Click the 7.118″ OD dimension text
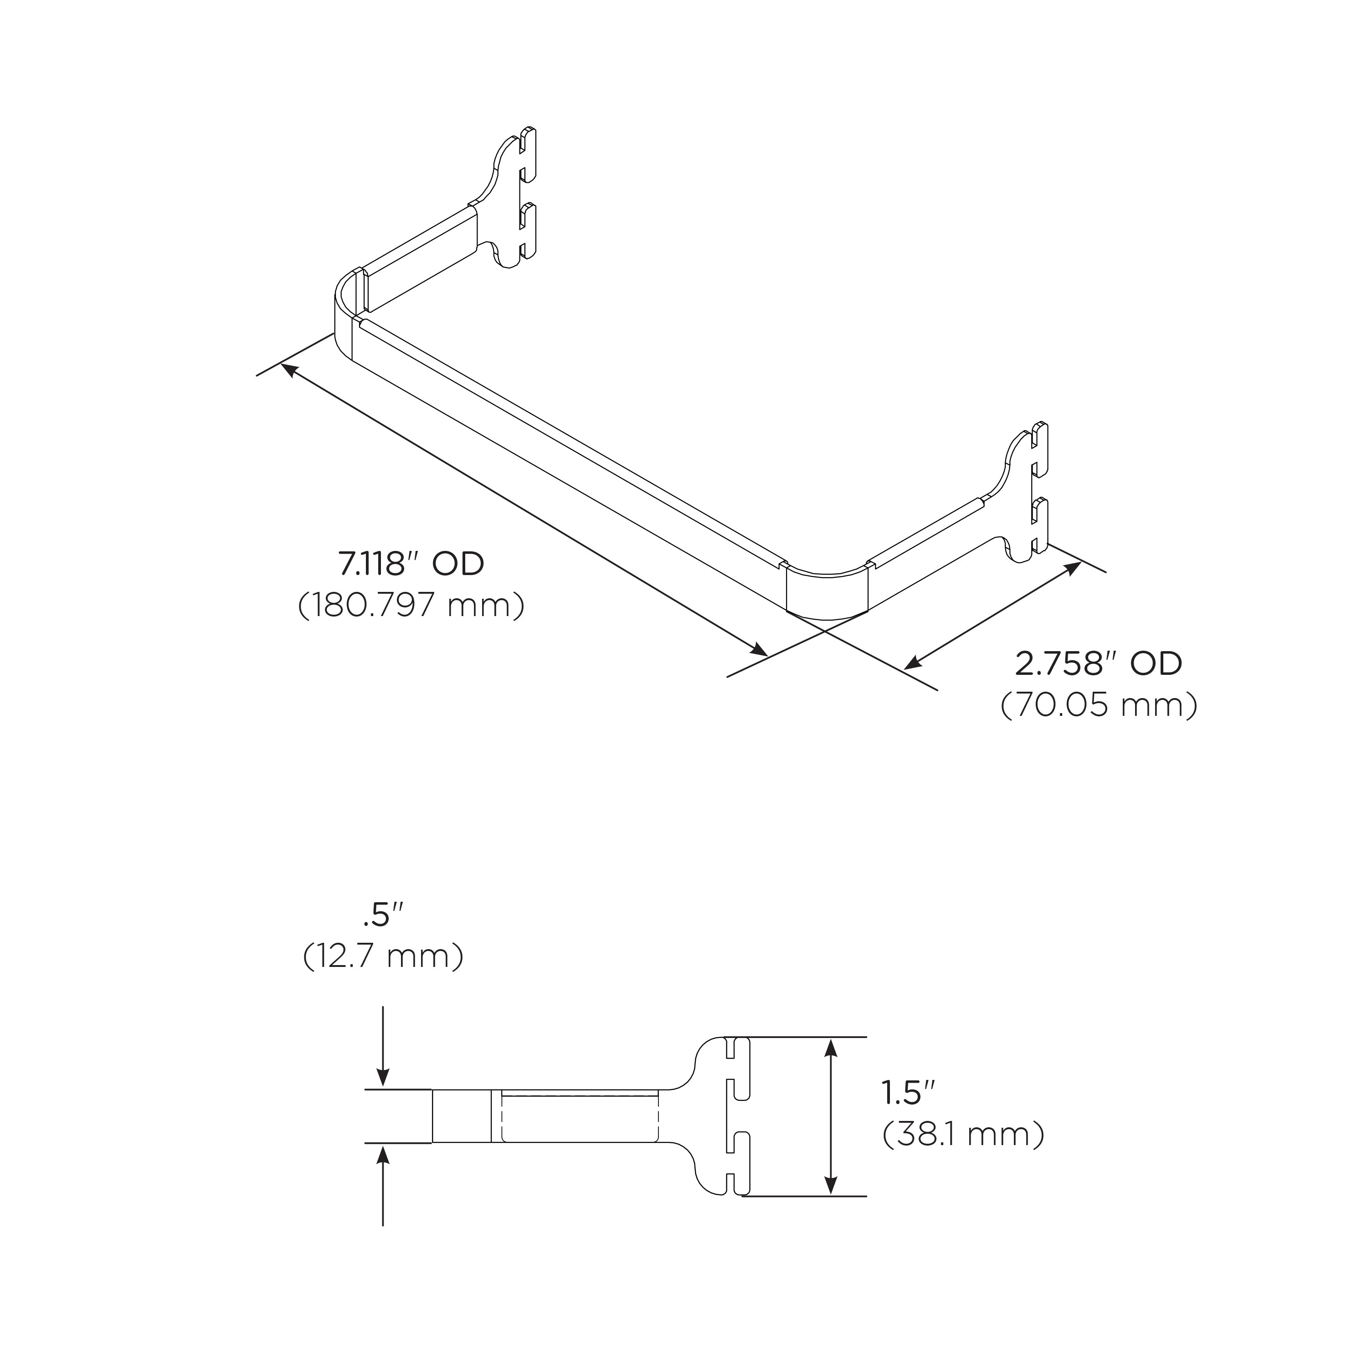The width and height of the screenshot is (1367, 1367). [x=411, y=564]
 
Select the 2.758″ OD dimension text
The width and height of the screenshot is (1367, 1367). [x=1098, y=664]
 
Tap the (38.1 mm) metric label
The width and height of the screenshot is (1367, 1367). [x=963, y=1155]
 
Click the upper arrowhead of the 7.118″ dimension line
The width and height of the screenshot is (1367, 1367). [x=289, y=370]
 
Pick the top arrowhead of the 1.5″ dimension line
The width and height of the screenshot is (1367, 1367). [x=832, y=1048]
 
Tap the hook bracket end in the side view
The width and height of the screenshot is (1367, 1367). [x=725, y=1116]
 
